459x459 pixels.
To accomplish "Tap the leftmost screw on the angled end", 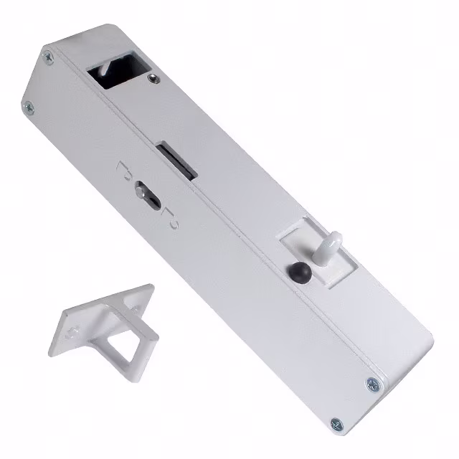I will point(28,108).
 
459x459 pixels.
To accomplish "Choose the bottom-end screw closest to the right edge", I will point(372,384).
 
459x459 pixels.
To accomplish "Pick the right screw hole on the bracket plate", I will point(135,301).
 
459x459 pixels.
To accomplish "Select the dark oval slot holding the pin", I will point(148,194).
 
